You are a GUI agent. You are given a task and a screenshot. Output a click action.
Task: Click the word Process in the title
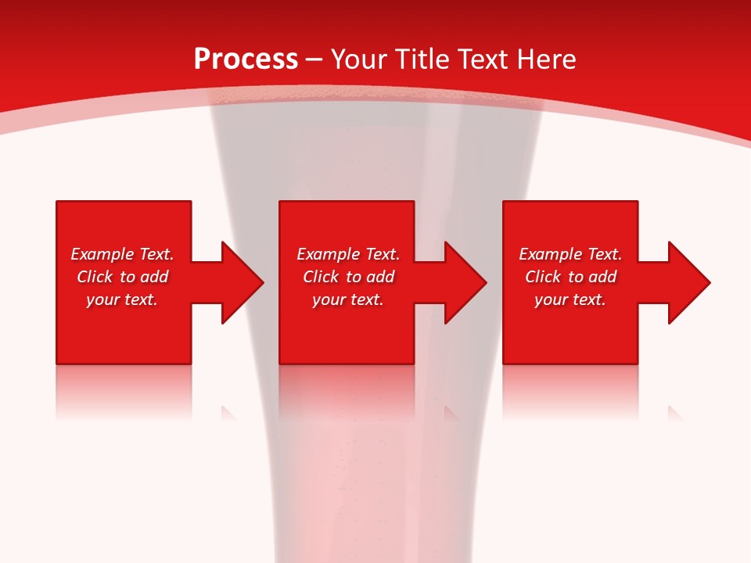246,59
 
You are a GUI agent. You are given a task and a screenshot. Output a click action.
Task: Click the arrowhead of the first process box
243,282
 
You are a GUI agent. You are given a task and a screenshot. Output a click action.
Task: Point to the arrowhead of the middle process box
465,282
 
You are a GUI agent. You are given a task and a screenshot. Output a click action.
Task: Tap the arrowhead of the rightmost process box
689,282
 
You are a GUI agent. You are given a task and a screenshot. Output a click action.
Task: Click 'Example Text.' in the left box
122,254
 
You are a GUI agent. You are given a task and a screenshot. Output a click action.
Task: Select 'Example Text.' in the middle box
348,254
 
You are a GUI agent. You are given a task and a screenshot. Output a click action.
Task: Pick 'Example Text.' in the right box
570,254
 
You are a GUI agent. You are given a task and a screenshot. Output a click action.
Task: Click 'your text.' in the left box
122,299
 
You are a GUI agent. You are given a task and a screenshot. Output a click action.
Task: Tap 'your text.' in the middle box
348,299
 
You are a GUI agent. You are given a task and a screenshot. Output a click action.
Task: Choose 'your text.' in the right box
570,299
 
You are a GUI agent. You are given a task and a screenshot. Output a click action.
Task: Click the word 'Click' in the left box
95,277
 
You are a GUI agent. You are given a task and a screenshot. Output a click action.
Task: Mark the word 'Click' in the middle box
321,277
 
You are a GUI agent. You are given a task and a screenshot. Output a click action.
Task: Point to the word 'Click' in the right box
543,277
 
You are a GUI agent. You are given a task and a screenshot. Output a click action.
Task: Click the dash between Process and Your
314,60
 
